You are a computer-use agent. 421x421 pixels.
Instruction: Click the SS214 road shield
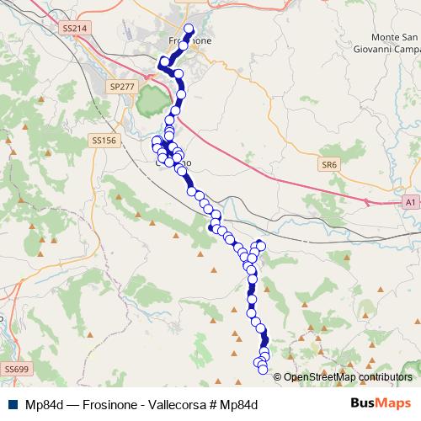(x=75, y=28)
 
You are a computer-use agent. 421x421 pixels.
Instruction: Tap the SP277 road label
(x=121, y=86)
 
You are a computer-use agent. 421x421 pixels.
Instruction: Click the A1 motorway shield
(x=409, y=203)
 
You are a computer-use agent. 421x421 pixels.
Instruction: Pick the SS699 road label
(x=16, y=369)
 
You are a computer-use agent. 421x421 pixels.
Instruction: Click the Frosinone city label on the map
(x=190, y=40)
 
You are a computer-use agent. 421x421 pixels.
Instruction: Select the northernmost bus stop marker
(x=189, y=28)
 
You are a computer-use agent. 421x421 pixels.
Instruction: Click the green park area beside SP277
(x=151, y=103)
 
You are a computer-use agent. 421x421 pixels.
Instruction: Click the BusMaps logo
(x=381, y=403)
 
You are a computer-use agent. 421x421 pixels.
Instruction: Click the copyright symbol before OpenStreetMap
(x=278, y=376)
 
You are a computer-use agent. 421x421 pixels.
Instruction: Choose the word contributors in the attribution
(x=384, y=376)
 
